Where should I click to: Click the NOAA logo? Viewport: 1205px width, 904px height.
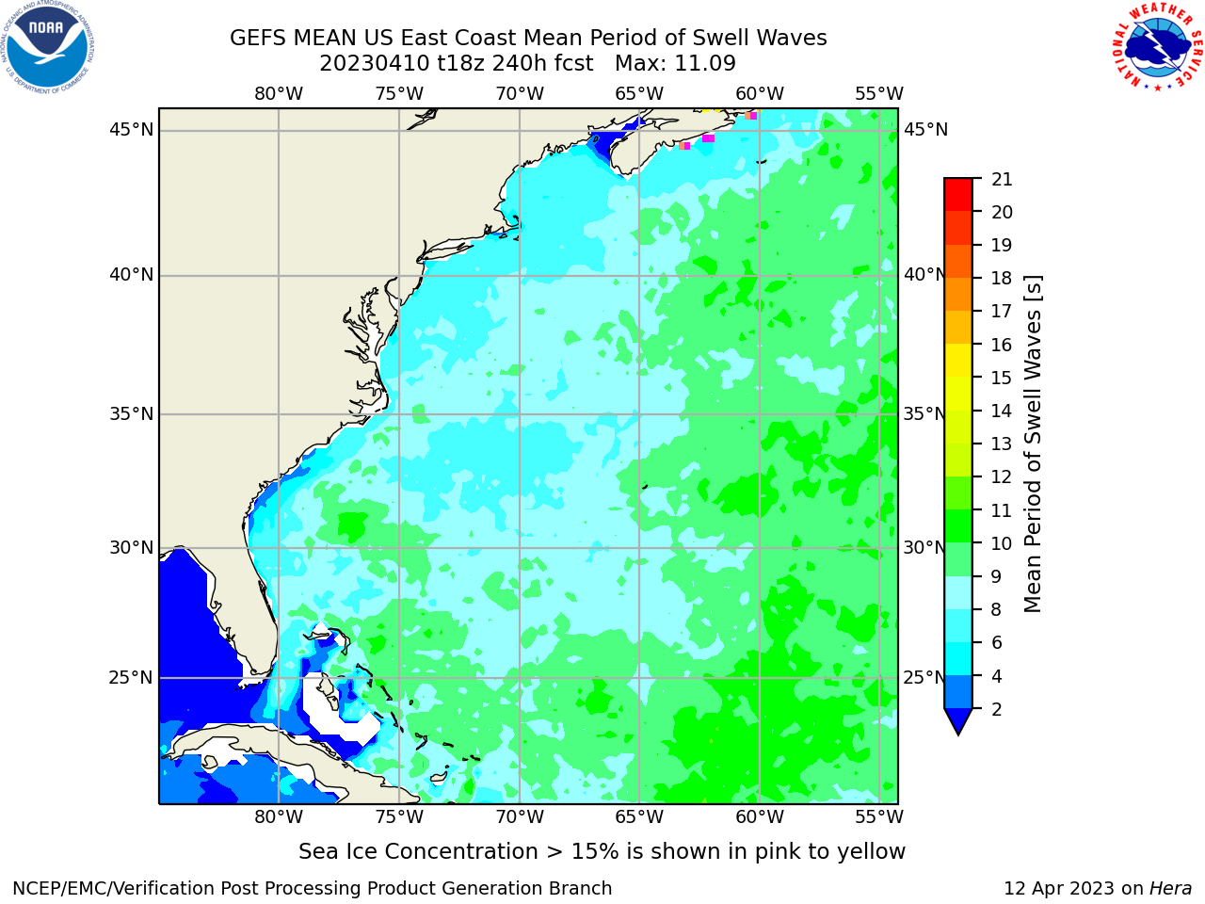(x=48, y=48)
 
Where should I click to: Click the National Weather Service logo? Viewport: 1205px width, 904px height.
(x=1157, y=47)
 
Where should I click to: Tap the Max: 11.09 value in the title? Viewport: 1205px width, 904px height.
(x=675, y=64)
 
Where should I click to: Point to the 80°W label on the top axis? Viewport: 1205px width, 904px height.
(x=279, y=94)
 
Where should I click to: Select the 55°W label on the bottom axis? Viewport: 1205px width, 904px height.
(x=879, y=817)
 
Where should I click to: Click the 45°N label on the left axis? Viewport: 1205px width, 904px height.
(x=131, y=130)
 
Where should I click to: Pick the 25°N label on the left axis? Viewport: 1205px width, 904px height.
(x=131, y=678)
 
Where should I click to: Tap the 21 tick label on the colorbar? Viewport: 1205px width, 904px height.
(x=1002, y=180)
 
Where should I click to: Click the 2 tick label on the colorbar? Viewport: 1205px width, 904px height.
(x=996, y=709)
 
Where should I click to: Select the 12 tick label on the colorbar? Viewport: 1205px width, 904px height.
(x=1001, y=477)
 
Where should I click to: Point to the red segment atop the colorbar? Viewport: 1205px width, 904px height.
(x=958, y=194)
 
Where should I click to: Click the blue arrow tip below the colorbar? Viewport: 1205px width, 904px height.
(x=958, y=734)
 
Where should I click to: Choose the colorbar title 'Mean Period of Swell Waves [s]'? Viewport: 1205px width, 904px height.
(x=1033, y=444)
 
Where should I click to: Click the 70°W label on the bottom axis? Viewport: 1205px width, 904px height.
(x=520, y=817)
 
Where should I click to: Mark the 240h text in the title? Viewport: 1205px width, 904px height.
(x=515, y=64)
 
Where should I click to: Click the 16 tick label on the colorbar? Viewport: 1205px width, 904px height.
(x=1001, y=345)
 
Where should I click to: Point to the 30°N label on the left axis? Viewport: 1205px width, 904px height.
(x=131, y=548)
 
